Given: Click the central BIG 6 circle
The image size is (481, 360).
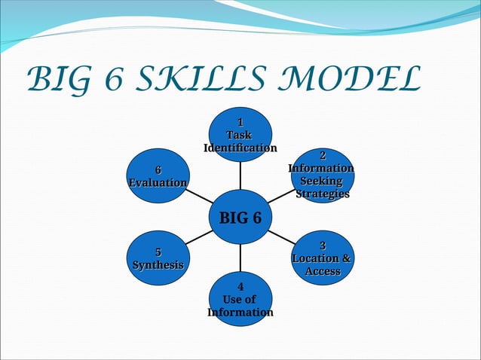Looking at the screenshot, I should (x=240, y=218).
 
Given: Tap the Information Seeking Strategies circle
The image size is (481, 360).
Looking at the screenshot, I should (x=322, y=175).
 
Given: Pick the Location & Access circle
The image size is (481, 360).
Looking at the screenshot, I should (x=322, y=258).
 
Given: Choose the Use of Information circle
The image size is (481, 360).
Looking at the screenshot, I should (x=240, y=300).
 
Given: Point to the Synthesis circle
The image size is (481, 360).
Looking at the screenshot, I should (x=158, y=258).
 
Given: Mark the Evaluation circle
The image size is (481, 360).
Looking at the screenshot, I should (x=158, y=176).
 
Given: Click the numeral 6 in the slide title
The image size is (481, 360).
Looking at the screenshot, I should (x=111, y=79).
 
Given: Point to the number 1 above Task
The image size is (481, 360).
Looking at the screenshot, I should (x=240, y=122).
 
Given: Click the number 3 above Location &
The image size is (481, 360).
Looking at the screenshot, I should (x=322, y=246).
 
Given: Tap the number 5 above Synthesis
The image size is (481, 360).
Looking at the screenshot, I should (x=158, y=252).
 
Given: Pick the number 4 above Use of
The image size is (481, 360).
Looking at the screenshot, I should (x=240, y=287).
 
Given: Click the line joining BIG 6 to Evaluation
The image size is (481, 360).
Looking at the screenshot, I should (x=199, y=197).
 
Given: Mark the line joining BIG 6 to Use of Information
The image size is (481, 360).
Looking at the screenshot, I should (x=240, y=258).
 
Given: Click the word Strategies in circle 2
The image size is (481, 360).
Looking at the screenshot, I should (x=322, y=194).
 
